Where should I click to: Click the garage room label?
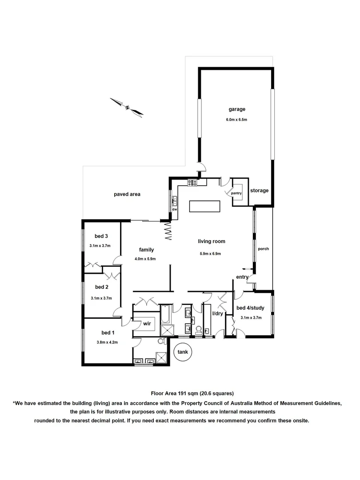237,109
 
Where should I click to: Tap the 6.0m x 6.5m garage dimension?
237,120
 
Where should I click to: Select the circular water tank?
183,352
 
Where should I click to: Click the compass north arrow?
127,107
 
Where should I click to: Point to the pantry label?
236,193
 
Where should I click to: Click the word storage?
259,191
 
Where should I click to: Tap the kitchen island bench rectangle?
204,207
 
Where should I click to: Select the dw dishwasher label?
175,209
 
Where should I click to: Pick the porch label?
264,249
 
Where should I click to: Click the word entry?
242,277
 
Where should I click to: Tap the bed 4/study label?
251,308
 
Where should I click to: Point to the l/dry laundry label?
217,314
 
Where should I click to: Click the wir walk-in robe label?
148,324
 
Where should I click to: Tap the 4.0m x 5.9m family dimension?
145,259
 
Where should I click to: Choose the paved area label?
127,194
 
